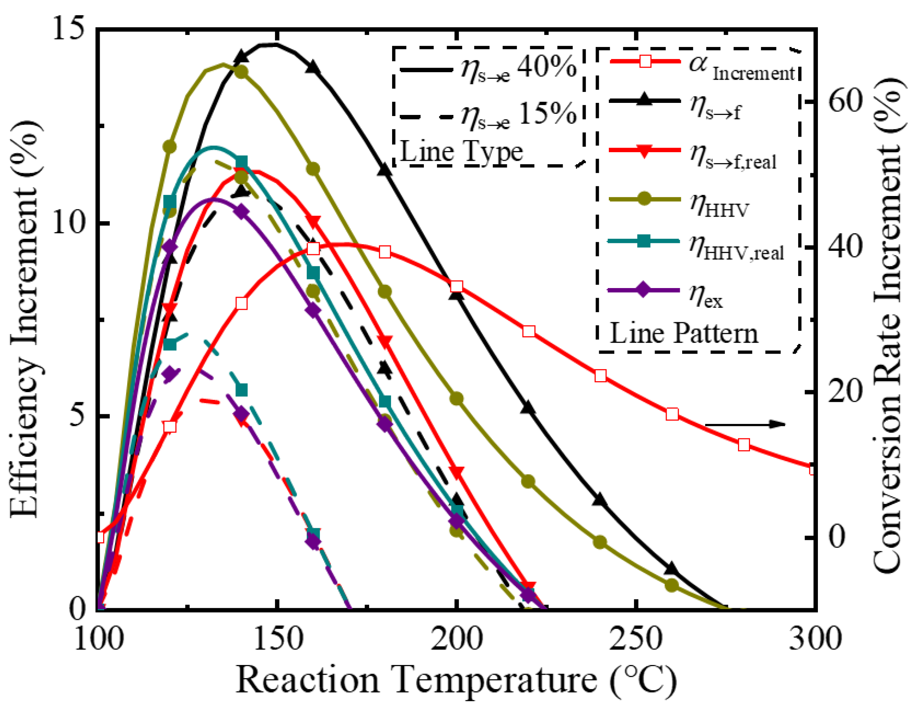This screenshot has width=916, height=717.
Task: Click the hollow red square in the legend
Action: (x=645, y=61)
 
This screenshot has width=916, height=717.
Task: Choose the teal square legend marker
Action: (x=644, y=241)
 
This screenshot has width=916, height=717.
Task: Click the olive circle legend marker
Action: (x=644, y=198)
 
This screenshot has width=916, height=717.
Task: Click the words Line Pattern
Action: (x=684, y=334)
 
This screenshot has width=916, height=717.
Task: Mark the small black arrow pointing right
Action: (x=745, y=424)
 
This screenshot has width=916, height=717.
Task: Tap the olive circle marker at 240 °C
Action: (x=600, y=542)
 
